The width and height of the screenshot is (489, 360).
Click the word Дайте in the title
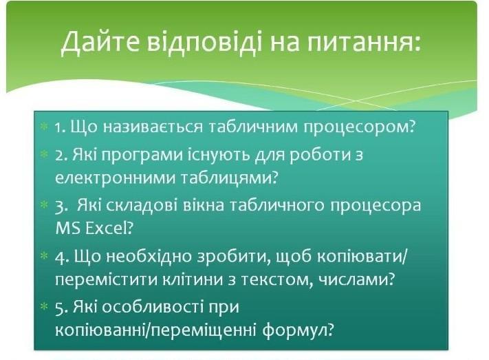click(x=100, y=43)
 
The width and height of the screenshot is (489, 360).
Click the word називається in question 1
click(x=153, y=127)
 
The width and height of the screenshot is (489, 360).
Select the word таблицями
click(x=226, y=179)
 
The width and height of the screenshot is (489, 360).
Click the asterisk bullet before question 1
click(x=44, y=127)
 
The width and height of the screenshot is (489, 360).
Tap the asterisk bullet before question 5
click(x=44, y=307)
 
